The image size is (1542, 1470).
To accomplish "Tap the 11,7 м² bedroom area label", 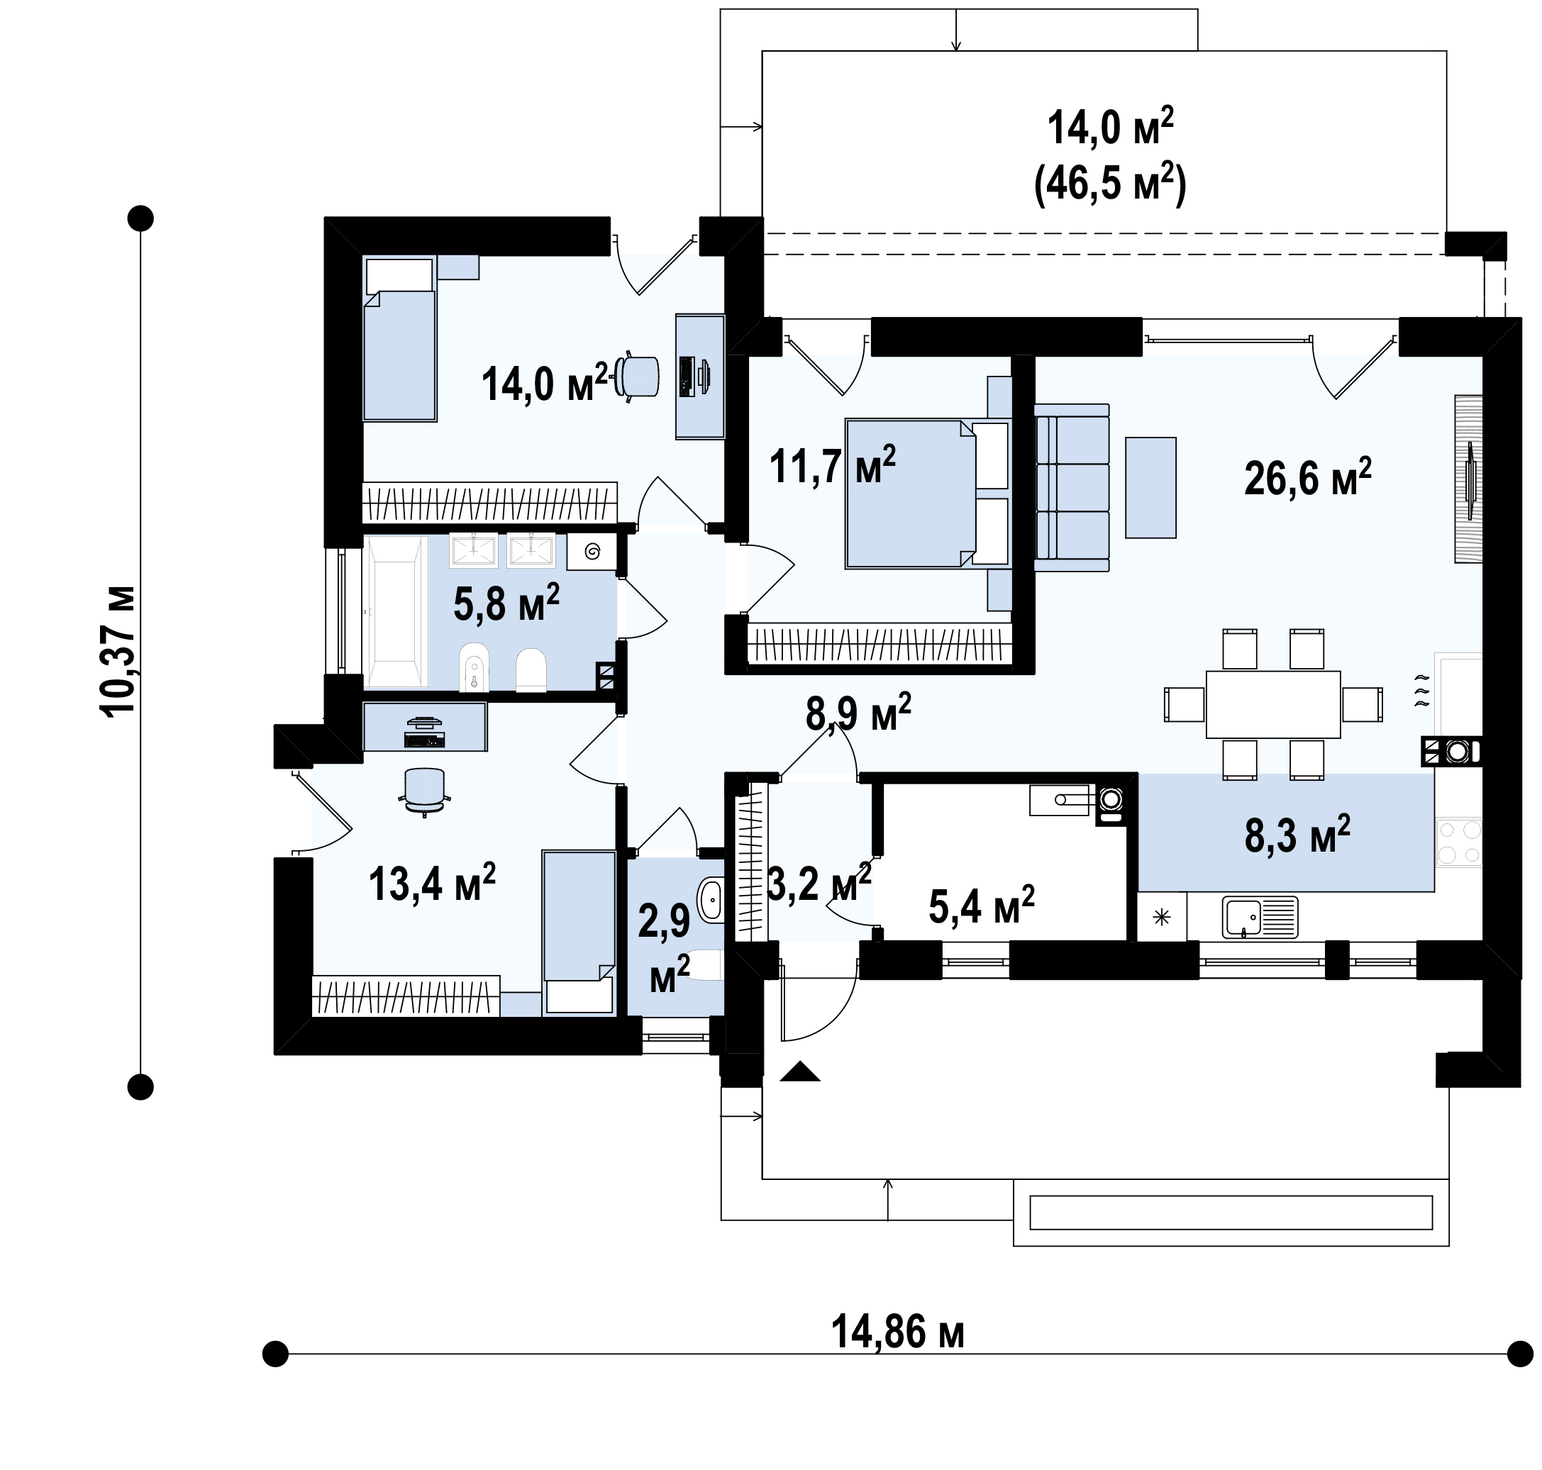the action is (832, 465).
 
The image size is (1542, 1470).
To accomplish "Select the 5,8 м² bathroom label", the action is (506, 603).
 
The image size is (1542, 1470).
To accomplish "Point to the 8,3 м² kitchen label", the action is (1297, 835).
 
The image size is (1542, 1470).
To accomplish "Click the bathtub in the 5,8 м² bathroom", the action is (395, 612).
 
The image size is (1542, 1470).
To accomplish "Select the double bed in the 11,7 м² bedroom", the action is (927, 494).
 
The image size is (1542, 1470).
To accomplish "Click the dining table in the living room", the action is (1273, 703).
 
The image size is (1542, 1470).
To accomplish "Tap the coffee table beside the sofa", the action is (1150, 487).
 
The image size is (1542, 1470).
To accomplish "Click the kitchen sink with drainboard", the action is (1259, 918).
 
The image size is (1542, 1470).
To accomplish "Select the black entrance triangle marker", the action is (800, 1072).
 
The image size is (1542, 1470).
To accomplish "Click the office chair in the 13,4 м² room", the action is (424, 792).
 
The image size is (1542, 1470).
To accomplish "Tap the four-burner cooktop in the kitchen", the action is (1459, 842).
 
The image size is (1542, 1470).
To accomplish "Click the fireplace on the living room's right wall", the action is (1469, 478).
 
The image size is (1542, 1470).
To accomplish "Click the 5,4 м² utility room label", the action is (982, 905).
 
